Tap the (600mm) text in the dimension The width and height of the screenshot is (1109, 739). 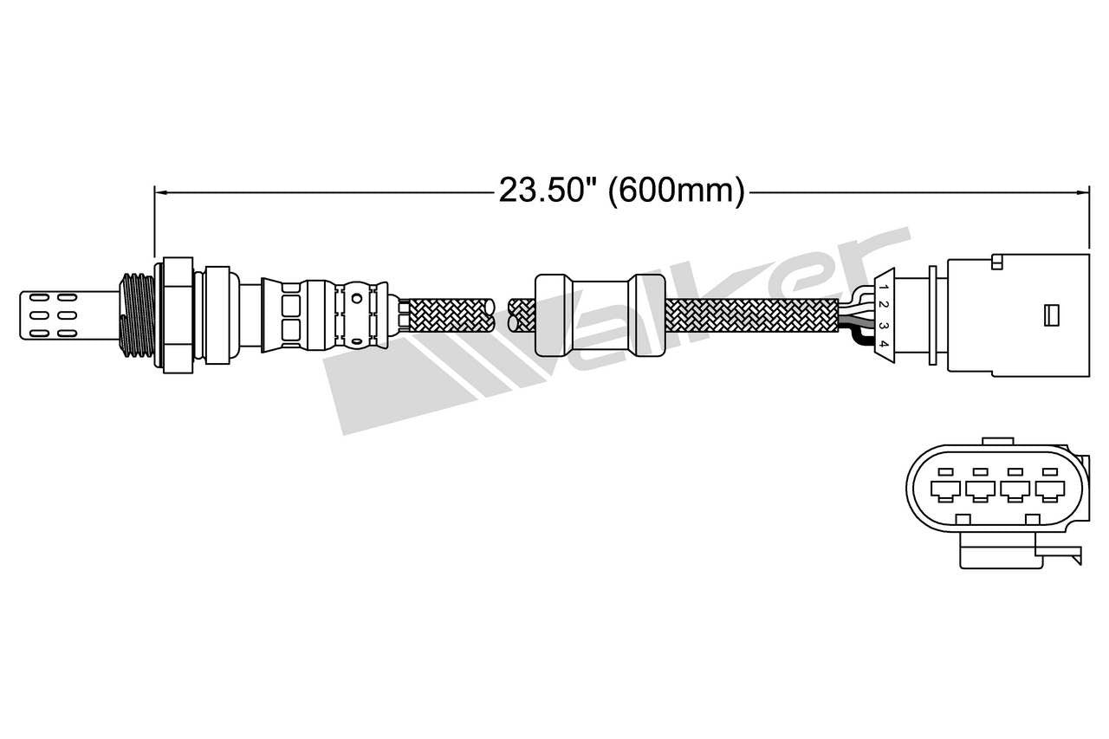(x=676, y=191)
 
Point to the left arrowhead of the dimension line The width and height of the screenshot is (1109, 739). (x=159, y=191)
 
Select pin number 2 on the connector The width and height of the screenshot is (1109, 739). (x=883, y=304)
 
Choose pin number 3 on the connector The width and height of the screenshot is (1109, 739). (x=883, y=326)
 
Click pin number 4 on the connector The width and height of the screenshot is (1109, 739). (x=883, y=345)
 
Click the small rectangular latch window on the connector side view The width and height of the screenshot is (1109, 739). (x=1053, y=313)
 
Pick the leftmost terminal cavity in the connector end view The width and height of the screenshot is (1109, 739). (x=945, y=491)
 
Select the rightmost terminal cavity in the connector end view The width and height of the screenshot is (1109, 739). (x=1050, y=491)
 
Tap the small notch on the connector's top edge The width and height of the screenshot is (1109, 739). (x=997, y=260)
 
